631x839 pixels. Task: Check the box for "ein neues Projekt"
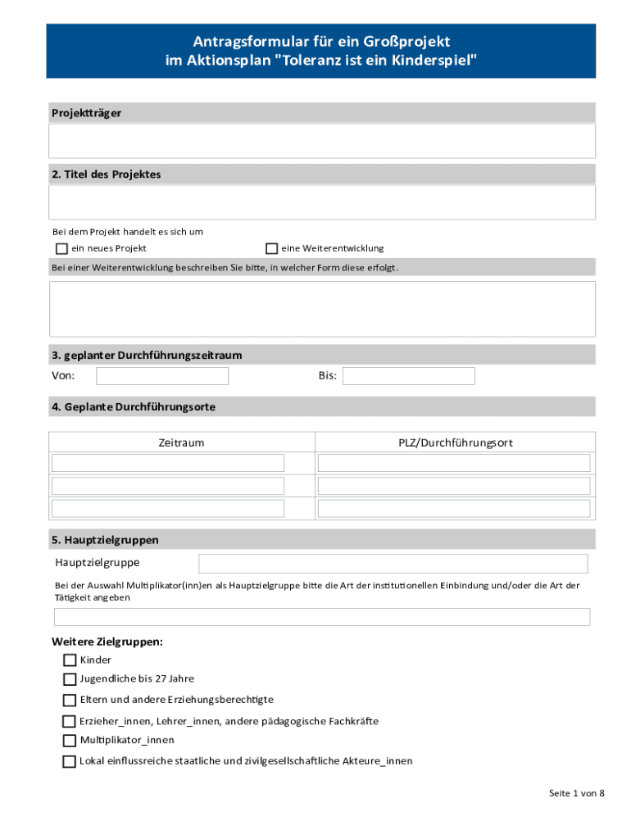click(61, 248)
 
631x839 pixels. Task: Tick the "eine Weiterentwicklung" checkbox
click(271, 248)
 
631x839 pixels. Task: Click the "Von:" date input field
click(162, 376)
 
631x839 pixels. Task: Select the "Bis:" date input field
click(408, 376)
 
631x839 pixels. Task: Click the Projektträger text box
click(321, 141)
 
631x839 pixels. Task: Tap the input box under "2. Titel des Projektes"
click(321, 202)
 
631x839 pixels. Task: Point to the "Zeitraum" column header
click(181, 442)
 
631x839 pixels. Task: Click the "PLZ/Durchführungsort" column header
click(456, 442)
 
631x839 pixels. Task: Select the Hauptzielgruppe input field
click(393, 564)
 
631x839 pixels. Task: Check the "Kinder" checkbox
click(70, 660)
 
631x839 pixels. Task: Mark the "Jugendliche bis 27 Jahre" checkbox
click(70, 679)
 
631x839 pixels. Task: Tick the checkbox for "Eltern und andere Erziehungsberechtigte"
click(70, 701)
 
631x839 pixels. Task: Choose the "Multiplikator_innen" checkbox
click(70, 741)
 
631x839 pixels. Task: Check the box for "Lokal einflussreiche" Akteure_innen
click(70, 761)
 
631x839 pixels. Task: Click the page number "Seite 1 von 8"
click(576, 794)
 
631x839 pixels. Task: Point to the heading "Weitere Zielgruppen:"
click(107, 642)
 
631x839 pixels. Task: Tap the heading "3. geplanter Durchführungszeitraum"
click(147, 356)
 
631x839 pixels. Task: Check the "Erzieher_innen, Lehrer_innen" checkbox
click(70, 722)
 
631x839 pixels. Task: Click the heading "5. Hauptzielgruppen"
click(105, 540)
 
